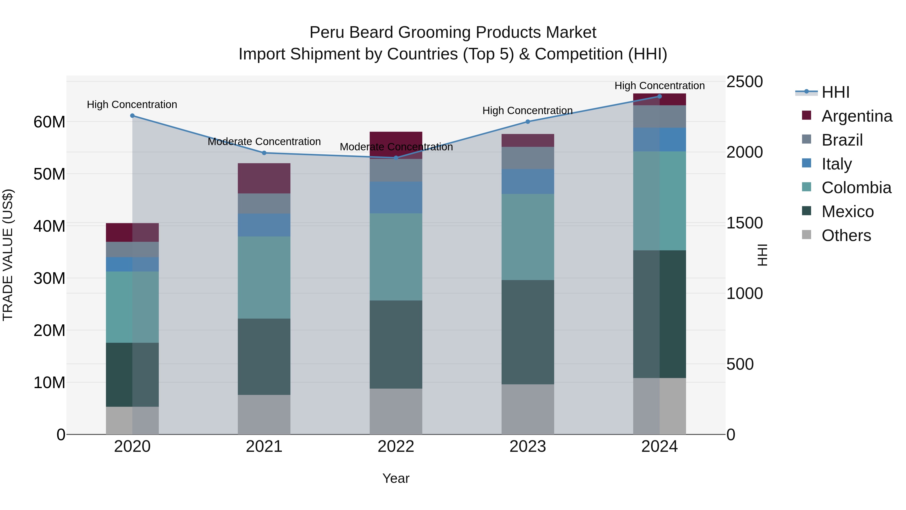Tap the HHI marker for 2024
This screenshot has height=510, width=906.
tap(659, 96)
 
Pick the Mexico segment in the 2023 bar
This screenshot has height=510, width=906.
tap(527, 332)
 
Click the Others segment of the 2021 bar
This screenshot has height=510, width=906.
tap(264, 414)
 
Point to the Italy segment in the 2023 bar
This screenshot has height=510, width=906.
tap(527, 181)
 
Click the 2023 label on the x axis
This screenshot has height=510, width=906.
tap(527, 447)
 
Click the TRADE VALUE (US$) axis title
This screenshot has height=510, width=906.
tap(8, 255)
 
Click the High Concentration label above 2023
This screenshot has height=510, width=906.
tap(527, 111)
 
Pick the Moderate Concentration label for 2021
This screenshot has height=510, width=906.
tap(264, 142)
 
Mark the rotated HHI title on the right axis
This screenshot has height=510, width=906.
tap(762, 255)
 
